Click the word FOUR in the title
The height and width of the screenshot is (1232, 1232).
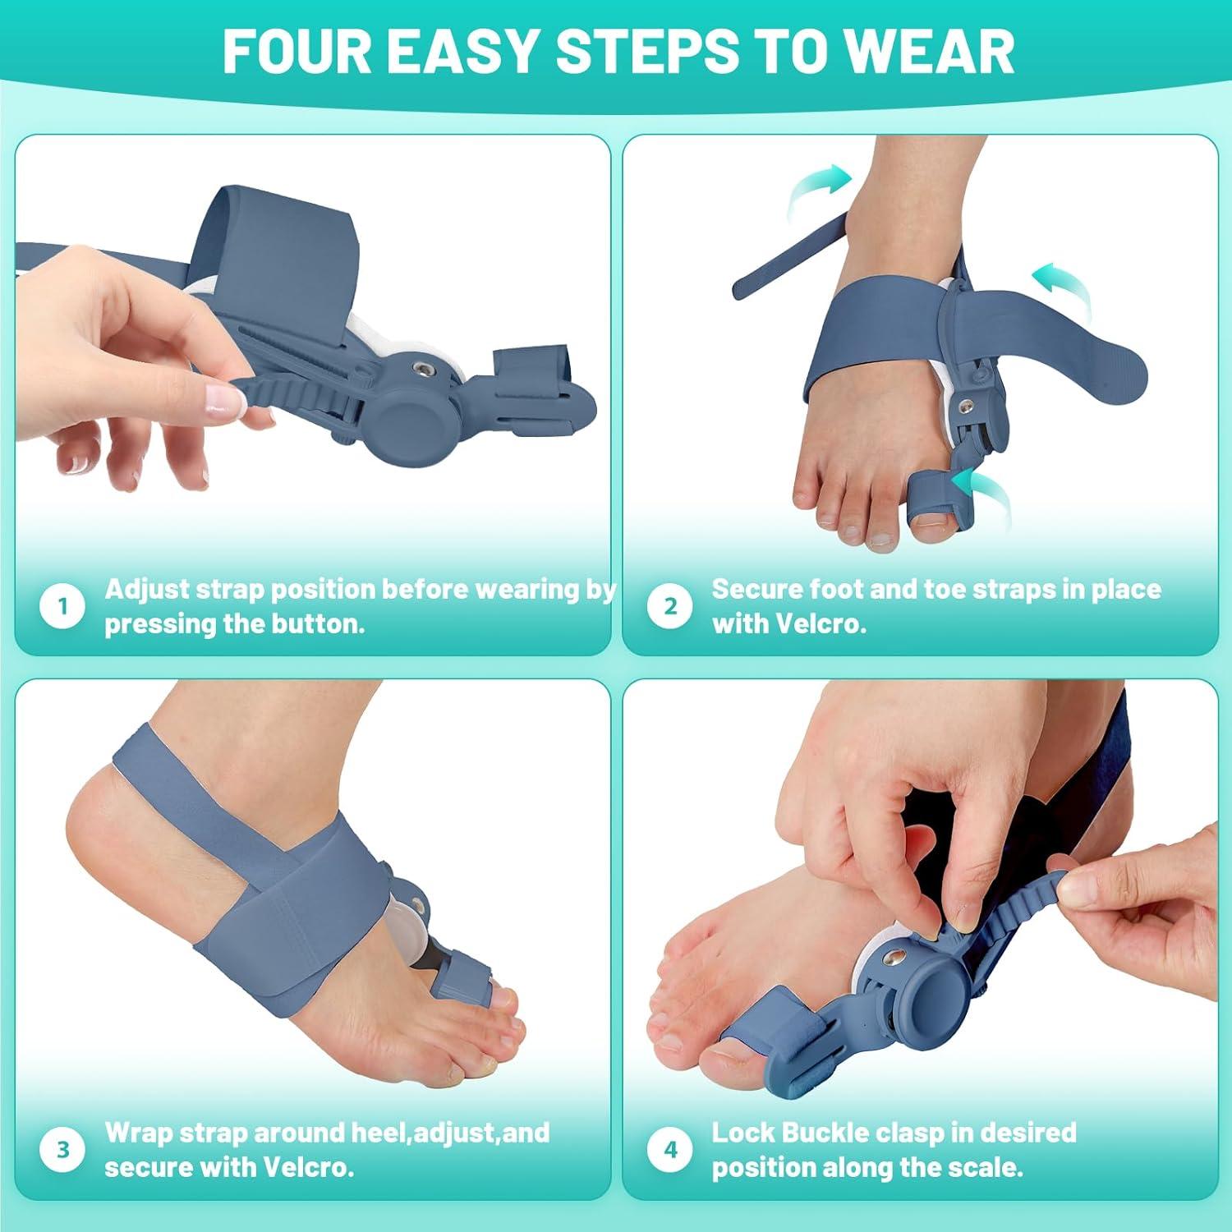tap(297, 51)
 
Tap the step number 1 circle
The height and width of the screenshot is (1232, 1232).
tap(62, 607)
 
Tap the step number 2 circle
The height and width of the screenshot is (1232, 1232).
tap(670, 607)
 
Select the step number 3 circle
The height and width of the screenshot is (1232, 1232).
tap(62, 1150)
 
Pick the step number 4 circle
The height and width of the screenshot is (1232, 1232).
tap(670, 1150)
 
